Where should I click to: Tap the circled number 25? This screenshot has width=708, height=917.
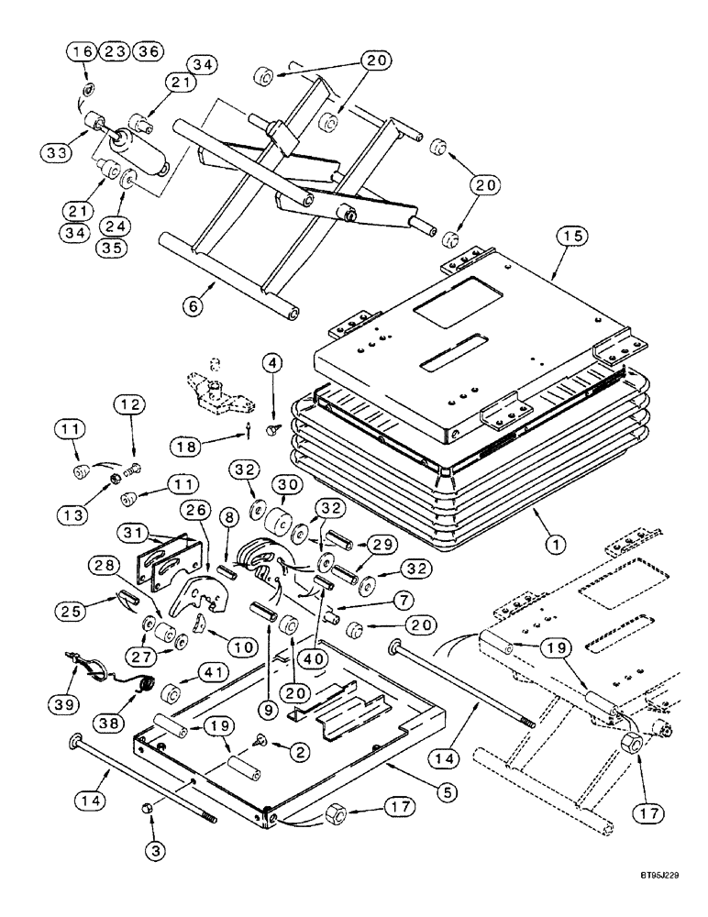coord(104,608)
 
